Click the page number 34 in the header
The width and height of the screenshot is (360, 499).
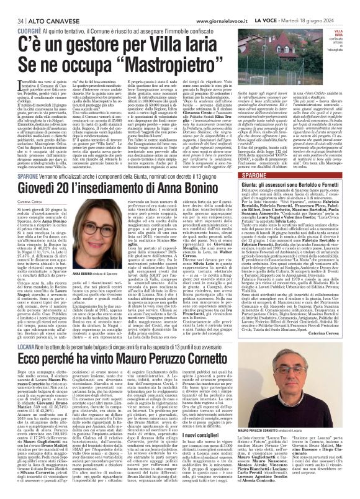[12, 5]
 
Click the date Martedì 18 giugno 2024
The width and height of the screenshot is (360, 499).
[325, 5]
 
